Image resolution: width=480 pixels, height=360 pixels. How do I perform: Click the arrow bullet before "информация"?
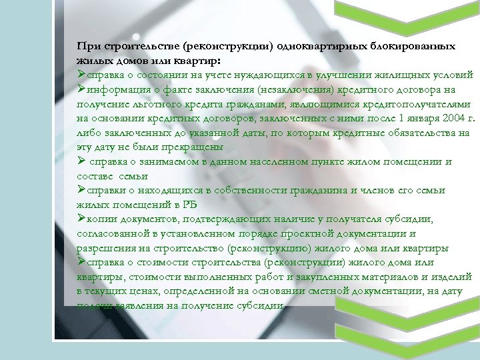click(81, 89)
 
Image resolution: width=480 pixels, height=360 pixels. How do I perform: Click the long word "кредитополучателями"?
click(415, 104)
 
